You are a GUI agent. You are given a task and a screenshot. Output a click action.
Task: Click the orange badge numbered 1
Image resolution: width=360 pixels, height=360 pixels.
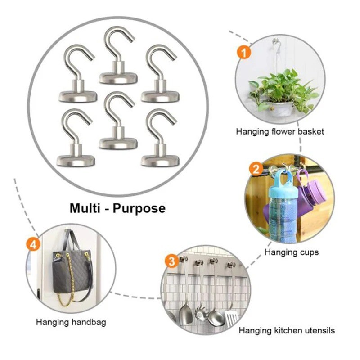pos(244,52)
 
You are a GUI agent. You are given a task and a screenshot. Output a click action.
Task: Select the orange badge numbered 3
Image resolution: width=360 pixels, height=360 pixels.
pos(172,261)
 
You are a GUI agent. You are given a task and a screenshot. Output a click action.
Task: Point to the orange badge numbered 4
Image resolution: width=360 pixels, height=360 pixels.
pos(33,244)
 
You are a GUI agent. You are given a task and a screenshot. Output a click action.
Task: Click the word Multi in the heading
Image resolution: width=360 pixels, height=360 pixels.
pos(85,208)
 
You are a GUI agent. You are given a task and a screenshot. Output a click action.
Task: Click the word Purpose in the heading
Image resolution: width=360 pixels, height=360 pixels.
pos(139,208)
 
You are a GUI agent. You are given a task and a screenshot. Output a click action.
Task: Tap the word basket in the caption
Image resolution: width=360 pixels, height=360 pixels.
pos(311,131)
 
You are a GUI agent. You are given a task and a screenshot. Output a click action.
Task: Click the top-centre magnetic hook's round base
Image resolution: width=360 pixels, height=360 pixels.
pos(118,78)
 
